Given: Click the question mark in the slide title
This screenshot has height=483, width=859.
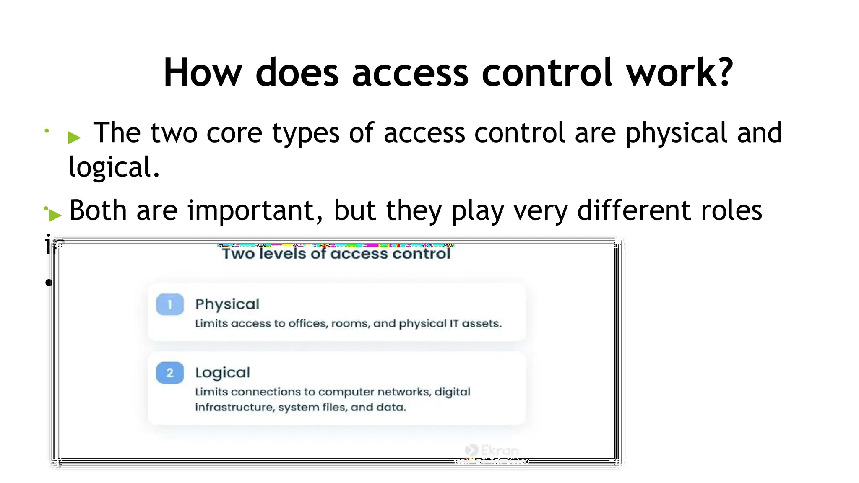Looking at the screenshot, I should click(x=722, y=72).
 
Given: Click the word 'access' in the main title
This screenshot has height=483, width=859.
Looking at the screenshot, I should click(x=410, y=73).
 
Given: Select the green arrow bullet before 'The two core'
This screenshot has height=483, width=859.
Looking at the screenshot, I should click(x=74, y=137).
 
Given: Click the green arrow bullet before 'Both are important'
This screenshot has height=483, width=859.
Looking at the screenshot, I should click(x=55, y=215).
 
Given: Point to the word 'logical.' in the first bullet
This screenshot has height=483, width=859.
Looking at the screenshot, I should click(x=114, y=167).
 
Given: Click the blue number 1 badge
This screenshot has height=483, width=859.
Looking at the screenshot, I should click(x=170, y=304).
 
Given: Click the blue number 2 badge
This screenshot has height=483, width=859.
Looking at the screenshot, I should click(x=170, y=373).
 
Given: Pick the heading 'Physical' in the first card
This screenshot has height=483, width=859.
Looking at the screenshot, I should click(x=227, y=304).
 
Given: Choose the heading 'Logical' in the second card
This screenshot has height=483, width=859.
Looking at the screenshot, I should click(x=223, y=373).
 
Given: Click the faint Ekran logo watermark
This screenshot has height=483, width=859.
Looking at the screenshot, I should click(x=492, y=450).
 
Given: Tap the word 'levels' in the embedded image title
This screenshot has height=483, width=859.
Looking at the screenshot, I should click(x=282, y=254).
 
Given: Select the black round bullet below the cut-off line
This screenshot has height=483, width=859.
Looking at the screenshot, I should click(x=49, y=283).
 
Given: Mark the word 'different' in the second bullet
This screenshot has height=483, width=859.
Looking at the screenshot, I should click(x=634, y=210).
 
